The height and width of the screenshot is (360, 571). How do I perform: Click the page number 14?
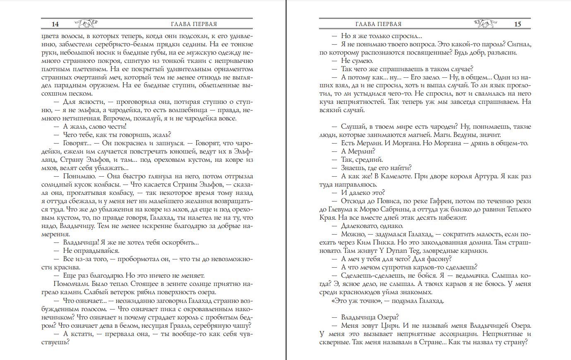pyautogui.click(x=55, y=24)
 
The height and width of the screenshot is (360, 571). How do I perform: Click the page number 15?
pyautogui.click(x=517, y=24)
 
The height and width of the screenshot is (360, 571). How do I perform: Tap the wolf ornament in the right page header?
pyautogui.click(x=485, y=24)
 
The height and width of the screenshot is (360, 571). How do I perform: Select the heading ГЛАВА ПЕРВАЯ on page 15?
pyautogui.click(x=378, y=24)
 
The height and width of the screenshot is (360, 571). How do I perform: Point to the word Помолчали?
pyautogui.click(x=69, y=284)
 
